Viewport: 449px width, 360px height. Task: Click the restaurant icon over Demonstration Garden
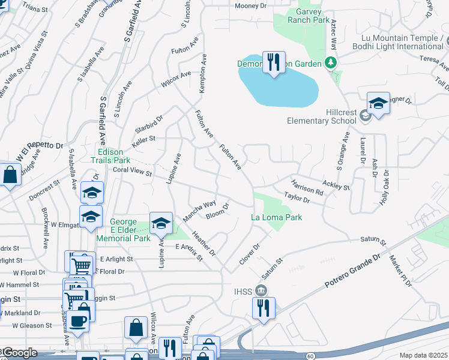tap(274, 62)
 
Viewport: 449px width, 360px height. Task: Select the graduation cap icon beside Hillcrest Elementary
tap(378, 104)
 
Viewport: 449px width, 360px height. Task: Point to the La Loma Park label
tap(276, 218)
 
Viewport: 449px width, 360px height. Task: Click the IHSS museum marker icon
tap(261, 290)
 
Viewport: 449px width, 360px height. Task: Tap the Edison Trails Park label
tap(110, 156)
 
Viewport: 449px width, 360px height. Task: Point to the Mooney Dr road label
tap(250, 5)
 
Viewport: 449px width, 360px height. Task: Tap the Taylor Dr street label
tap(297, 197)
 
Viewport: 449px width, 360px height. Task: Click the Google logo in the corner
tap(19, 353)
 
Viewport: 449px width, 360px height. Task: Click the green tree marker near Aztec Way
tap(330, 62)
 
